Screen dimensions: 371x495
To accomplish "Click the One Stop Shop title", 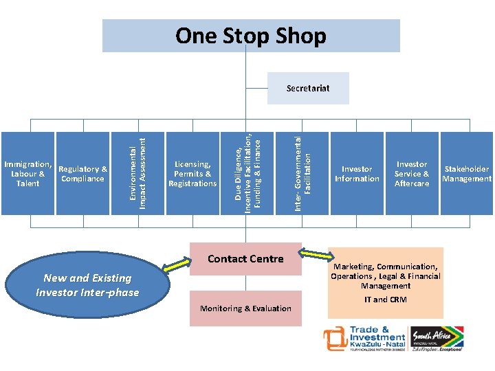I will point(251,36).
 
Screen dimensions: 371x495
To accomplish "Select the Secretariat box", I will point(308,89).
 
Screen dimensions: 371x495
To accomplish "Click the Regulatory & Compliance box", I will point(82,173).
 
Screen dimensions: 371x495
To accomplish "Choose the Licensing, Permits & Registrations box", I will point(192,173).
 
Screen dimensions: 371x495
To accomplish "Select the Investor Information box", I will point(357,173).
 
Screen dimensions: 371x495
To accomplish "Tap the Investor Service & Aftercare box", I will point(412,173).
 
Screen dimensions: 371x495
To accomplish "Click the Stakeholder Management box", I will point(467,173).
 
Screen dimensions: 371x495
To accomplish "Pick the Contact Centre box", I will point(245,259).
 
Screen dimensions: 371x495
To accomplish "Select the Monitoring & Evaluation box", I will point(245,308).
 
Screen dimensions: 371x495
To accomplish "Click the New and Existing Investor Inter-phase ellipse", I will point(87,285).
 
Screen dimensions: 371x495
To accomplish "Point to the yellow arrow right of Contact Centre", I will point(318,256).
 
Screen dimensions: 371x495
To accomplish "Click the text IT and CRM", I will point(385,300).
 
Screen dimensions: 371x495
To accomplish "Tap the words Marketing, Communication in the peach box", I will point(385,267).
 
